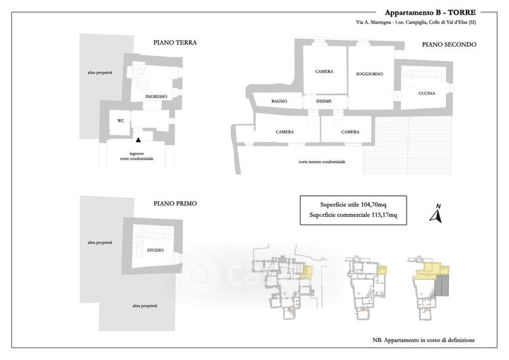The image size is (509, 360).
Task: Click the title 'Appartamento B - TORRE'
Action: pos(429,13)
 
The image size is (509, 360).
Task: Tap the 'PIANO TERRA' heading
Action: pos(175,43)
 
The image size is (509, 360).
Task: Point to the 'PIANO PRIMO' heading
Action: pos(175,204)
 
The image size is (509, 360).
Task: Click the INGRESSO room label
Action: pos(156,97)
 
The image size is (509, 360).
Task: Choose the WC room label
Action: pos(120,120)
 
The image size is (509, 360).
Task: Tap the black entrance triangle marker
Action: pos(139,139)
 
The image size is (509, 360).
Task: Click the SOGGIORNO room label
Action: pos(369,74)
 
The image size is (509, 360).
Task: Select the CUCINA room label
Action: pos(427,94)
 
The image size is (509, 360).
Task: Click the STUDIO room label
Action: pos(155,250)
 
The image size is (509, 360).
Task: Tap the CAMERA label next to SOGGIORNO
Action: pos(324,71)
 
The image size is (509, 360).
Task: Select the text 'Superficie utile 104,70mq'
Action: pos(352,204)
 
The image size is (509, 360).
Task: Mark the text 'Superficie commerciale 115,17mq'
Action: pos(352,215)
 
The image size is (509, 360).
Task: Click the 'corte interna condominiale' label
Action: pos(321,162)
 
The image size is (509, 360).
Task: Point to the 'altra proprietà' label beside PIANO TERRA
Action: pos(100,74)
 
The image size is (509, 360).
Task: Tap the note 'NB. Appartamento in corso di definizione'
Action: pos(424,341)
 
